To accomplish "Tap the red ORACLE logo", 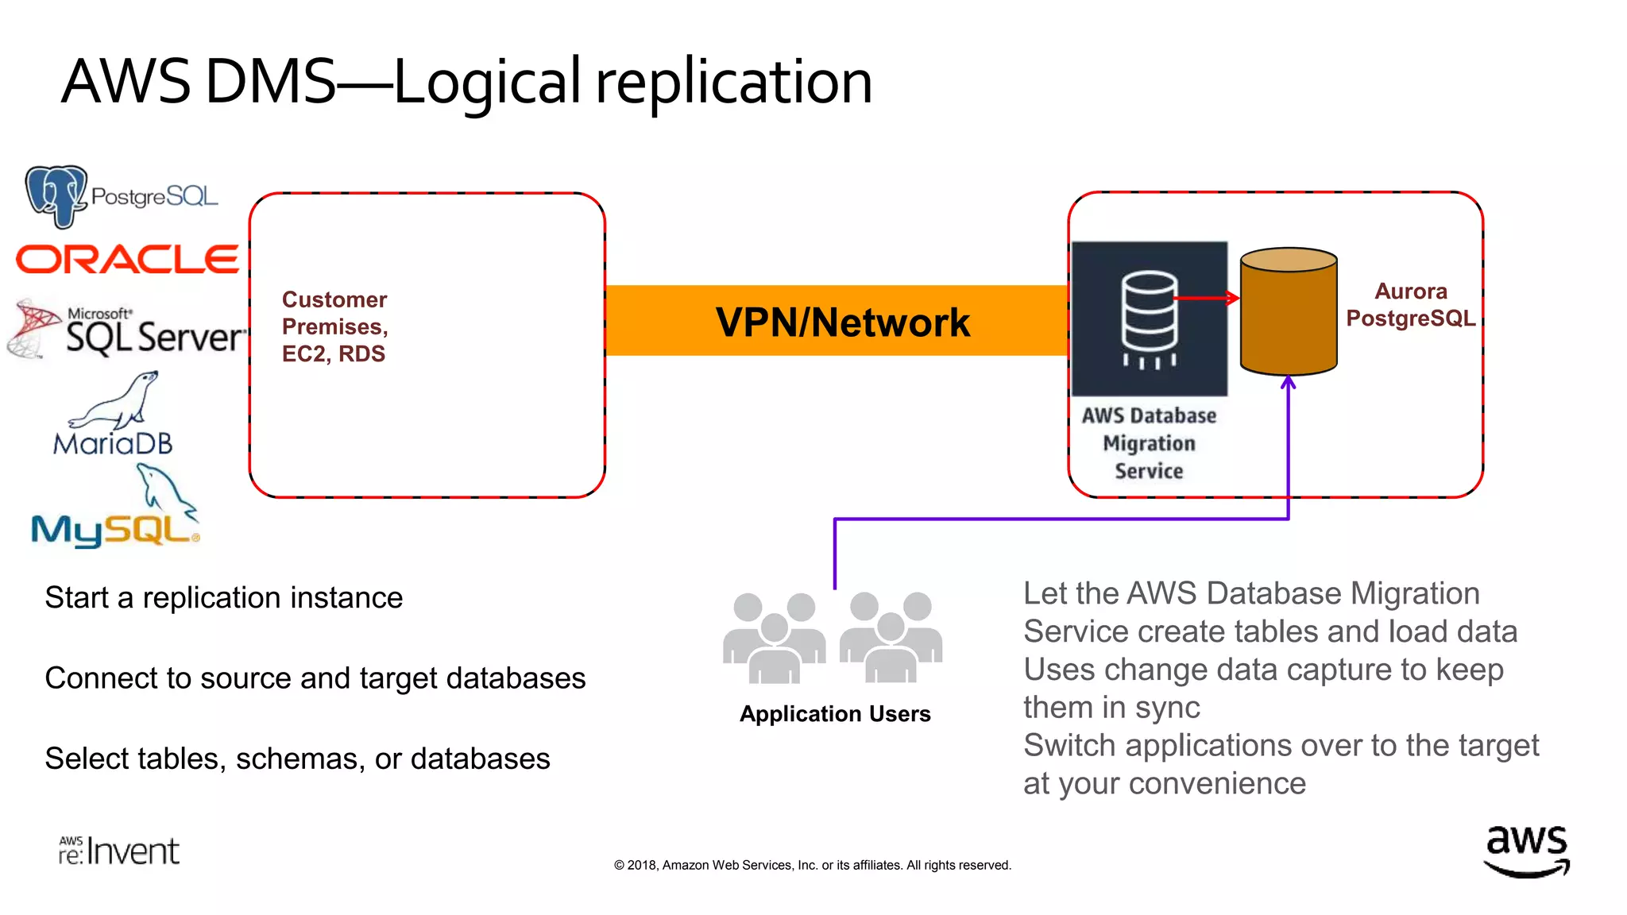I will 127,260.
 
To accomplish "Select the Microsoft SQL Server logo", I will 127,330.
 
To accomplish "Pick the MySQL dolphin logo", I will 116,512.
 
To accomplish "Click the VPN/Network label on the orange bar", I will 842,322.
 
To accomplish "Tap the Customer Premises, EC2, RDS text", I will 334,326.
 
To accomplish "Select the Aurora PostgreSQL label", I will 1410,305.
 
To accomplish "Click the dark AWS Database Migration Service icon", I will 1149,319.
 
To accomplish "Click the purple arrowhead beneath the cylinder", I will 1288,384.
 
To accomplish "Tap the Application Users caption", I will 835,713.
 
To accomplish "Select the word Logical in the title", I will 487,83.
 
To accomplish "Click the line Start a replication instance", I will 224,597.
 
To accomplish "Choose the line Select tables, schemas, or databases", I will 297,759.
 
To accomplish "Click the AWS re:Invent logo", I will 119,851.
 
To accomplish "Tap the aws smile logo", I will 1526,851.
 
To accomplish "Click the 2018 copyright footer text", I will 812,865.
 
